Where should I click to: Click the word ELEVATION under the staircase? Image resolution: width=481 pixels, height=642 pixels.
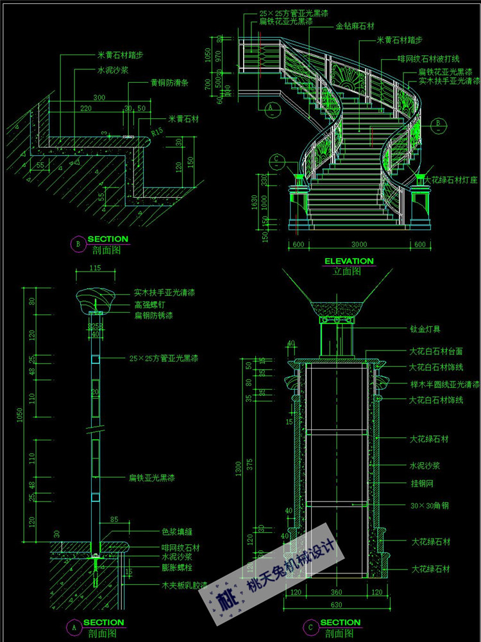[348, 261]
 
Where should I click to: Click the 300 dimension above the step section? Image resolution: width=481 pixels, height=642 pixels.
[99, 98]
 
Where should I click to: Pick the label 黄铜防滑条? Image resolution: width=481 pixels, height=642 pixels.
[169, 83]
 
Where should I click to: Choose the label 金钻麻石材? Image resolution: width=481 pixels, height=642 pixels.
[355, 26]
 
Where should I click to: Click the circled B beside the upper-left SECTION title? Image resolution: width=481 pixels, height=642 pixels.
[78, 243]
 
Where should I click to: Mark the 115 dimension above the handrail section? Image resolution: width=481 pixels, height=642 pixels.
[96, 268]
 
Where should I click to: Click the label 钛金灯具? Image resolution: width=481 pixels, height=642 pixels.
[425, 330]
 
